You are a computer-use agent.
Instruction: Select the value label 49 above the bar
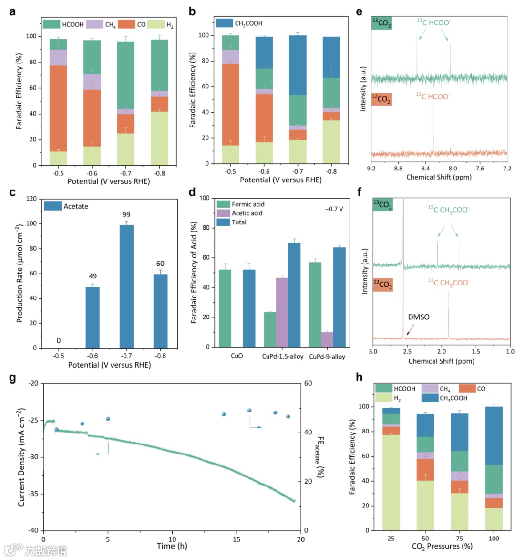point(93,276)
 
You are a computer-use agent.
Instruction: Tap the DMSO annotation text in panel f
point(419,317)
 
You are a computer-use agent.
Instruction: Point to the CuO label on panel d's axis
point(237,356)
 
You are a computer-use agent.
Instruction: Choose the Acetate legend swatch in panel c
point(52,206)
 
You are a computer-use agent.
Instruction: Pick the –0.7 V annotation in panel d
point(334,209)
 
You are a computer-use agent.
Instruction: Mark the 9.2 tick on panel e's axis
point(371,168)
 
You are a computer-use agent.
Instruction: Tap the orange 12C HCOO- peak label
point(433,97)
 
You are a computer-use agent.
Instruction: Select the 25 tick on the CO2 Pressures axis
point(391,539)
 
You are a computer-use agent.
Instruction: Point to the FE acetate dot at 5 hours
point(108,419)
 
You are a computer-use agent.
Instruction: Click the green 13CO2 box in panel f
point(383,205)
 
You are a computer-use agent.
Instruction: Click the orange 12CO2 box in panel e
point(381,99)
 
